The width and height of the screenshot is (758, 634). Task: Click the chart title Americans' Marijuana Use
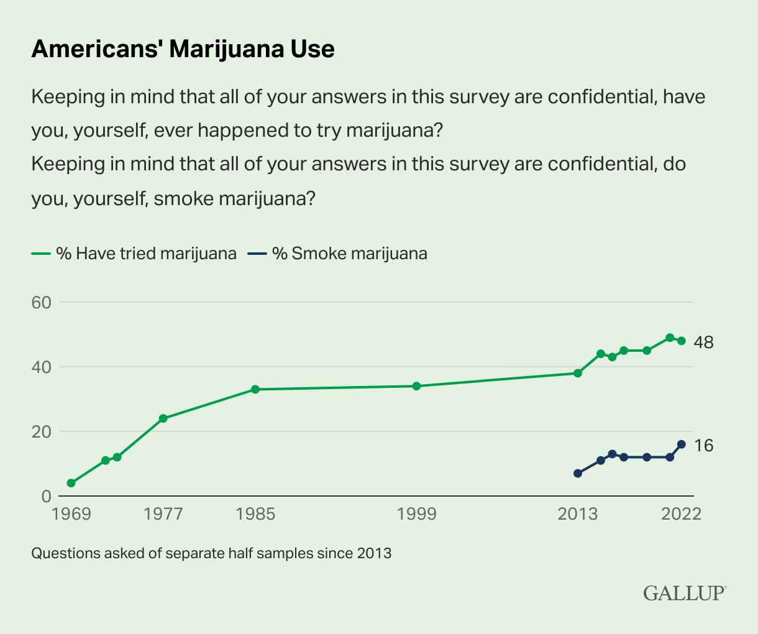pyautogui.click(x=183, y=49)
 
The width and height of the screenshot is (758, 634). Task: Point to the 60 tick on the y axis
pyautogui.click(x=45, y=303)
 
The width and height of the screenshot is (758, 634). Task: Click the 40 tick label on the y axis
pyautogui.click(x=45, y=367)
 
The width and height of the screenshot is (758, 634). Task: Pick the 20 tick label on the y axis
pyautogui.click(x=45, y=432)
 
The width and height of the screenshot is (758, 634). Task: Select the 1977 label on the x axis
pyautogui.click(x=163, y=515)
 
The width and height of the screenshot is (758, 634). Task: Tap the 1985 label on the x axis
pyautogui.click(x=255, y=515)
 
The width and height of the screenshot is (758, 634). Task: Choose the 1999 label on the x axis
pyautogui.click(x=416, y=515)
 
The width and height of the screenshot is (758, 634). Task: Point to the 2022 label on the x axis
pyautogui.click(x=681, y=515)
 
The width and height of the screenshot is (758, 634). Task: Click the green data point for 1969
pyautogui.click(x=71, y=483)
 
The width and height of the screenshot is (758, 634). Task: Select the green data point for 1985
pyautogui.click(x=255, y=389)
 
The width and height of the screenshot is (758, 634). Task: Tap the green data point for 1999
pyautogui.click(x=416, y=386)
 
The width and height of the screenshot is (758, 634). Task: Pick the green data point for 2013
pyautogui.click(x=577, y=373)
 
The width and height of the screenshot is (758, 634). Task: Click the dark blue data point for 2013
pyautogui.click(x=577, y=474)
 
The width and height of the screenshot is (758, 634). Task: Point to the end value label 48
pyautogui.click(x=704, y=342)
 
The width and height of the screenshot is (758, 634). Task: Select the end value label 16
pyautogui.click(x=704, y=446)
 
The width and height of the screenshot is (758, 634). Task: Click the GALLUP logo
pyautogui.click(x=684, y=592)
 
